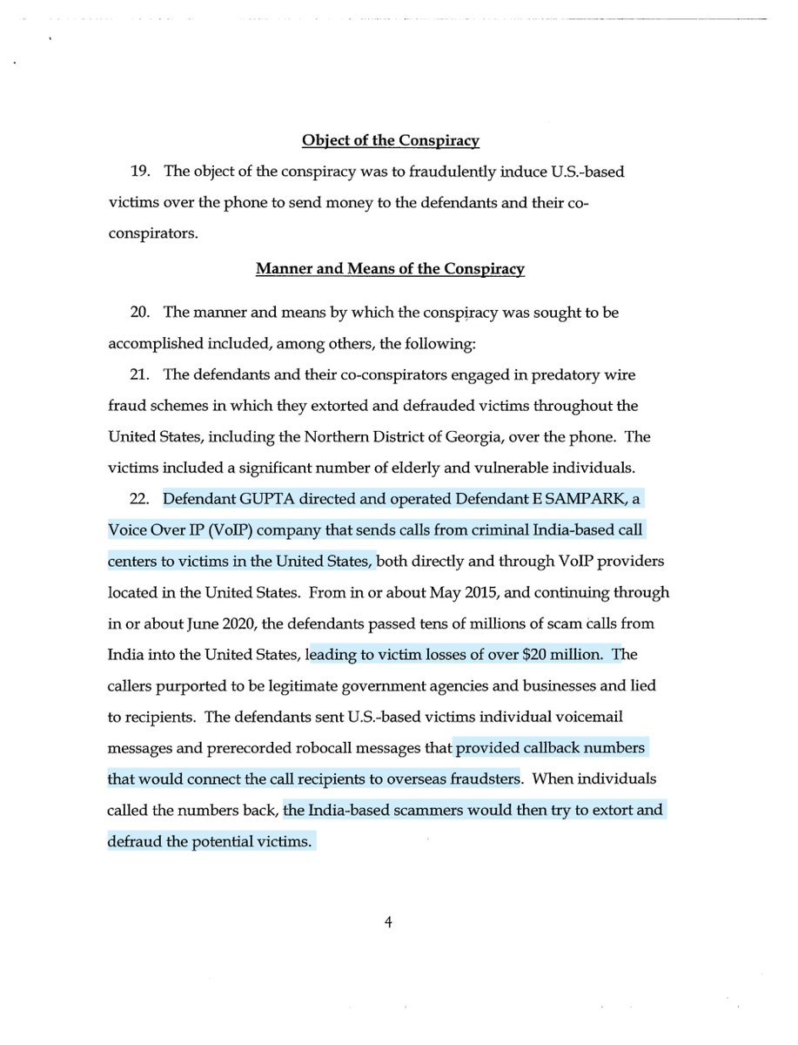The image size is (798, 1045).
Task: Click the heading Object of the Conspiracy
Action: [x=391, y=140]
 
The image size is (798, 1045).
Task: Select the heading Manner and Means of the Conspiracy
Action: [x=390, y=270]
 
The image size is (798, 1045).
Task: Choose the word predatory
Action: [x=543, y=374]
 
